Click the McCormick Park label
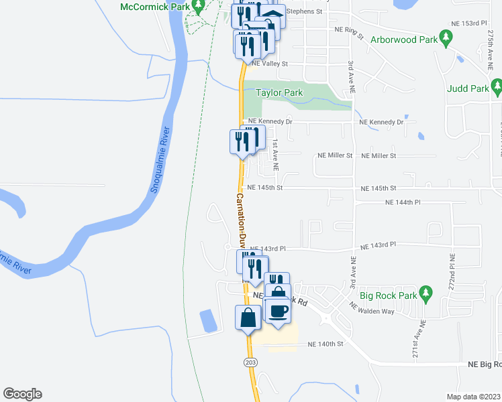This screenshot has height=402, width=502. pos(154,7)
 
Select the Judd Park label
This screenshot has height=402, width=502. pos(469,88)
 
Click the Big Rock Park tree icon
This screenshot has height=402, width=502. pos(425,293)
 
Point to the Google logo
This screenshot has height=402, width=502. pos(22,394)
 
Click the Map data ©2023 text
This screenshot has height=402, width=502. pos(473,396)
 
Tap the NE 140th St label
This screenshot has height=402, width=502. pos(325,344)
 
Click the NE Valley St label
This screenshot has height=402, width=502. pos(270,64)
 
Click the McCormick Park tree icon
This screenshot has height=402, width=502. pos(197,6)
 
